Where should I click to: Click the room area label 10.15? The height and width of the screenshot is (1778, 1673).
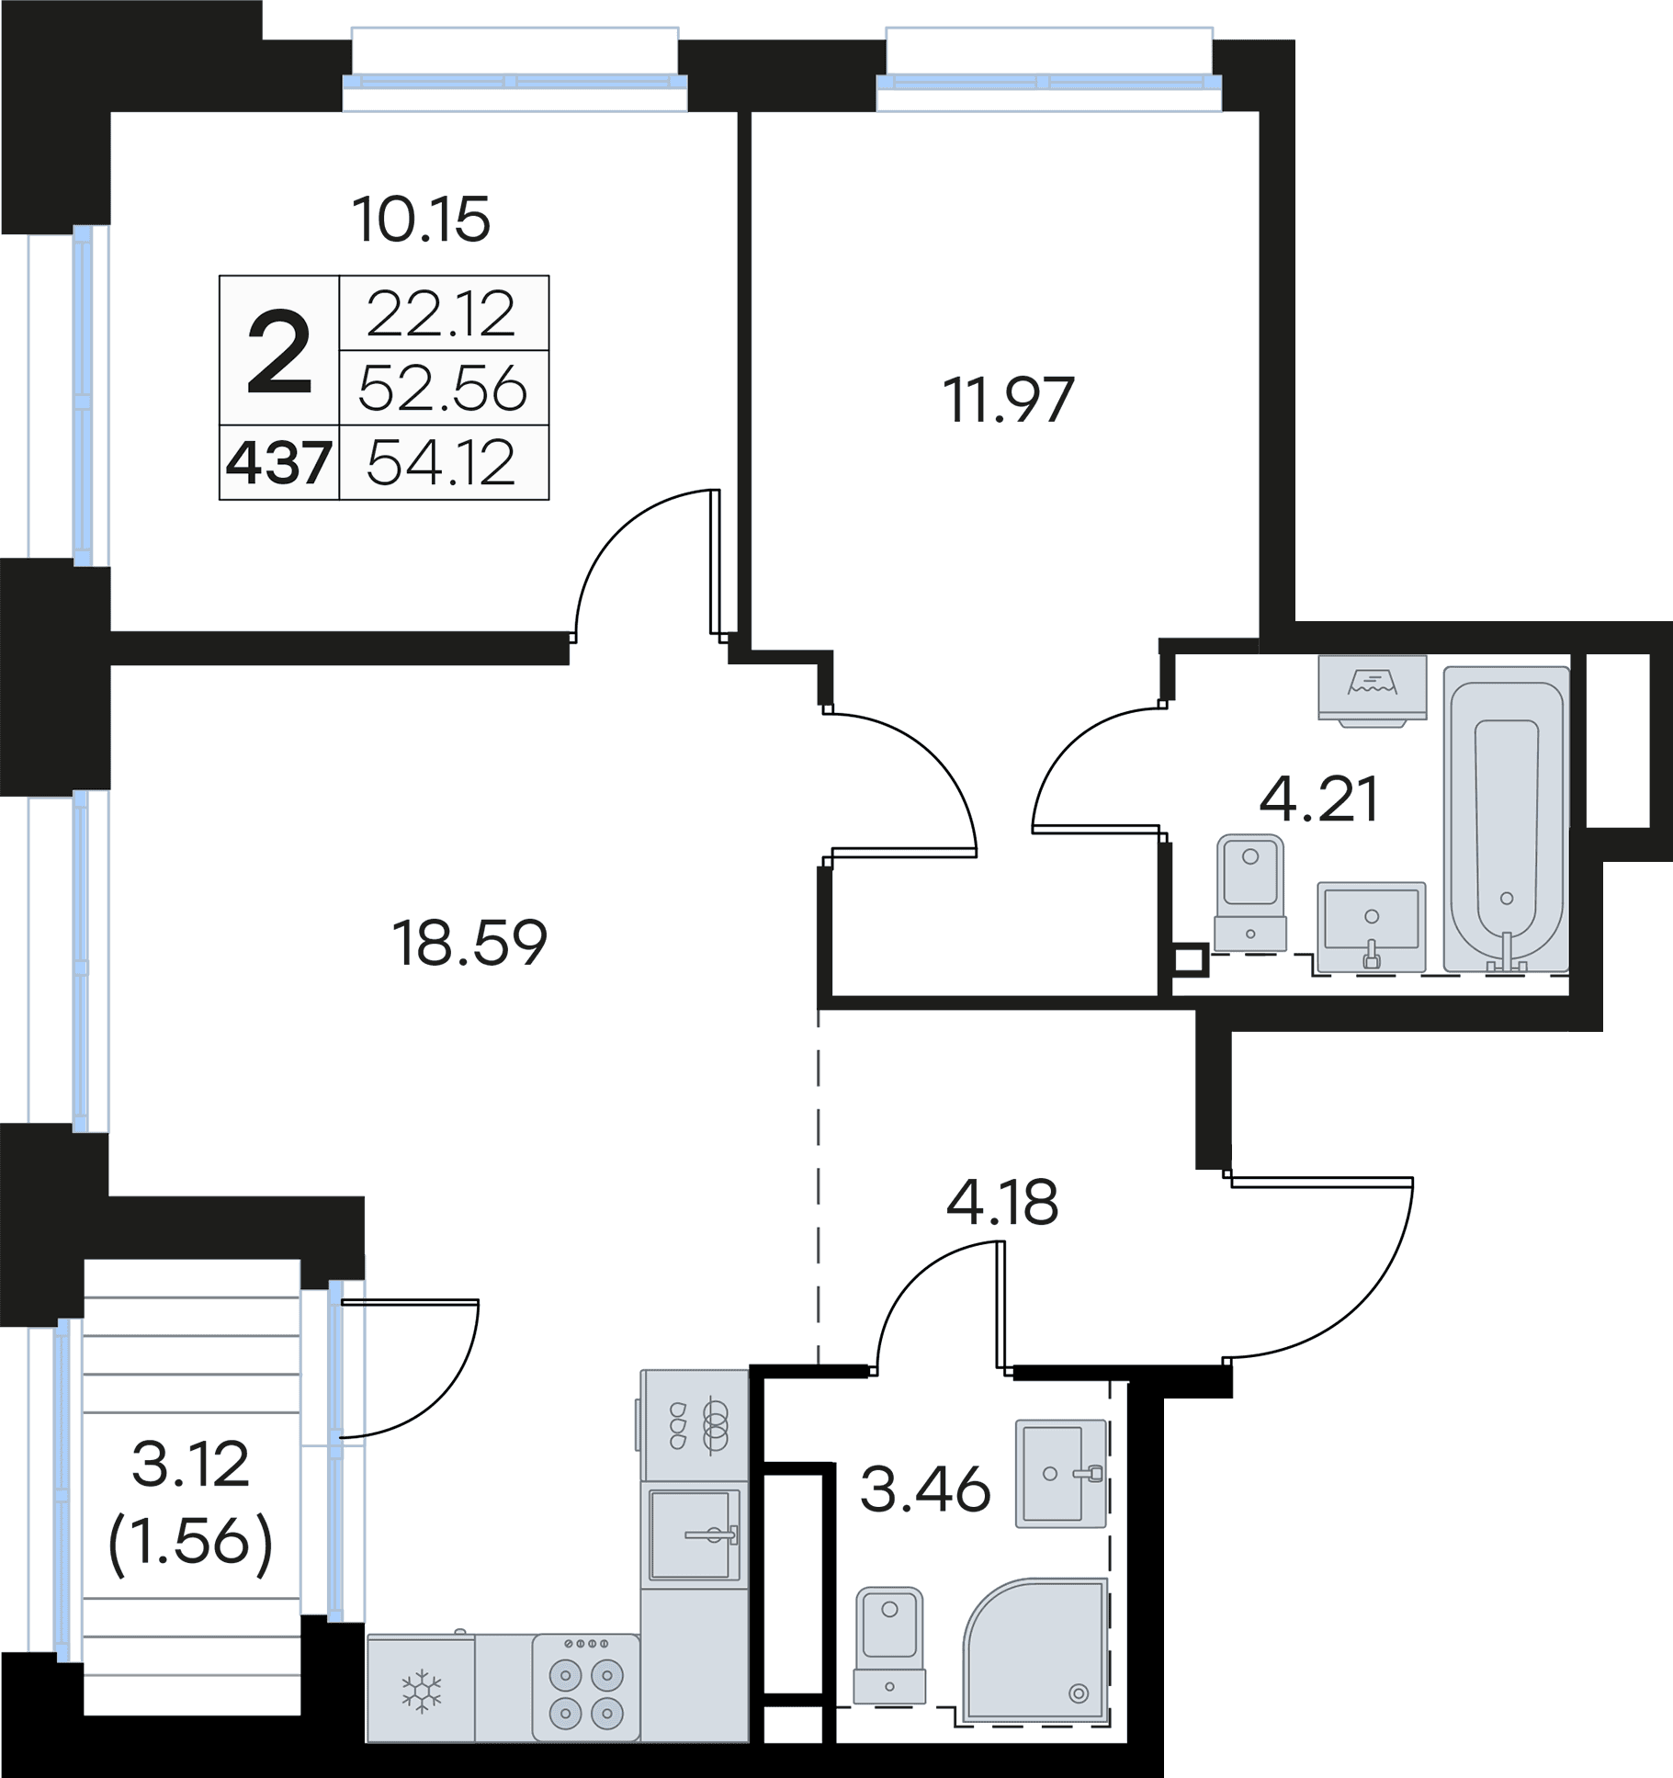point(422,220)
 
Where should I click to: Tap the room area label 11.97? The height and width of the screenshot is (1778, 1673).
point(1008,400)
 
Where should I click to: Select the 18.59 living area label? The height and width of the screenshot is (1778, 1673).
point(469,943)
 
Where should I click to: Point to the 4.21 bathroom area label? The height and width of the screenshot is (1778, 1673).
point(1318,798)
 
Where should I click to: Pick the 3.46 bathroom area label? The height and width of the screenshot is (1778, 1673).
point(925,1489)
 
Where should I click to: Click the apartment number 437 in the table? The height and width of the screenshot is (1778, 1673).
point(278,463)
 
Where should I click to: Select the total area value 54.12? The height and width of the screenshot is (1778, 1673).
point(441,463)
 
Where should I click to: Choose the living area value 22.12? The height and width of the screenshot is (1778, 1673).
point(441,313)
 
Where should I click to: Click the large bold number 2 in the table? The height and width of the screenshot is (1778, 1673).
point(279,352)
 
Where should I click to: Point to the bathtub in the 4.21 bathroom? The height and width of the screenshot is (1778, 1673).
point(1507,819)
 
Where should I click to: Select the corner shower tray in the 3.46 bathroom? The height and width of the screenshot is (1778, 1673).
point(1034,1650)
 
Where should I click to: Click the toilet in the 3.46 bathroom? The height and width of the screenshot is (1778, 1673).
point(889,1645)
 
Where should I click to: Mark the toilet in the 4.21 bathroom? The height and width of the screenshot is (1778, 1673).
point(1250,893)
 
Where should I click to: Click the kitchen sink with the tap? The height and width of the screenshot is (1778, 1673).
point(695,1534)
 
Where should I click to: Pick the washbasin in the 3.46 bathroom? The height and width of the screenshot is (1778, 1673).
point(1060,1474)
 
